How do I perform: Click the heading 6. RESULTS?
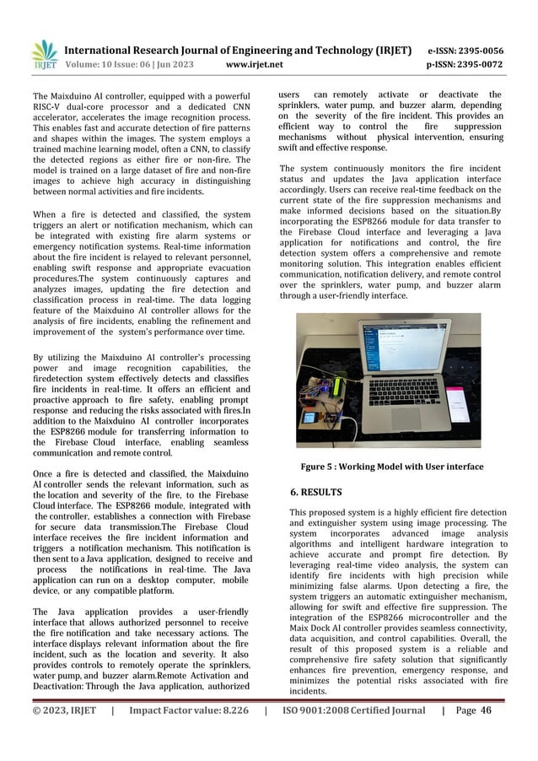[x=317, y=490]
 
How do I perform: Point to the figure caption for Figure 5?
[x=392, y=467]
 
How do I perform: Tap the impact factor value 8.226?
[x=225, y=735]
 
